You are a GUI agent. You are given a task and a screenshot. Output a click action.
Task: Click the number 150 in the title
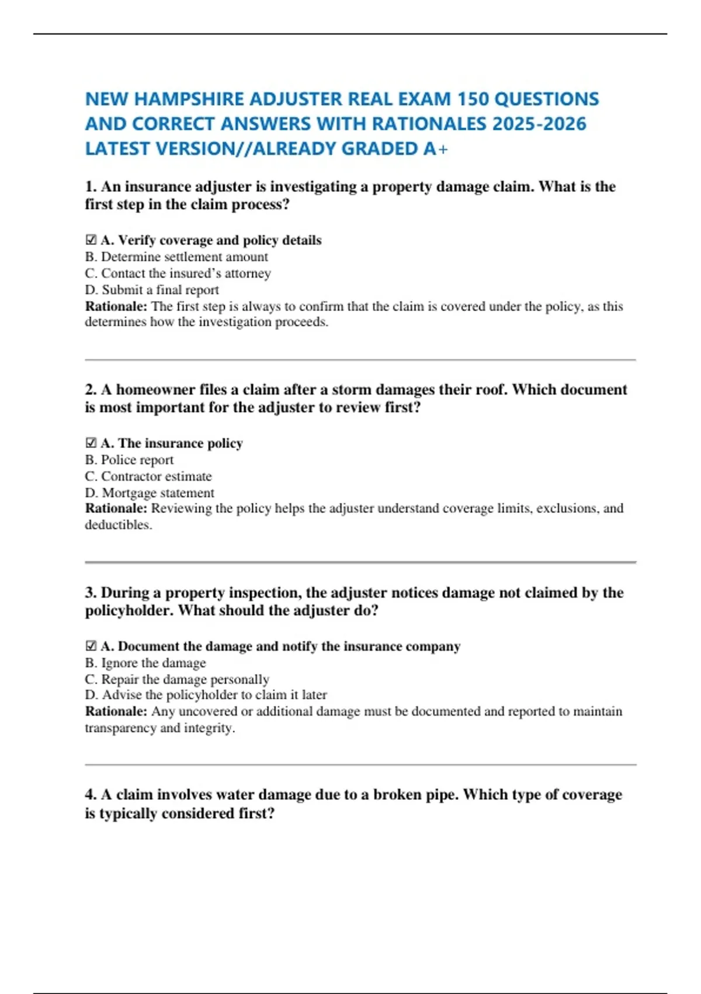[x=473, y=99]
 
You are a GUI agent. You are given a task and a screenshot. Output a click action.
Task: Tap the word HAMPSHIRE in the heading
[x=189, y=99]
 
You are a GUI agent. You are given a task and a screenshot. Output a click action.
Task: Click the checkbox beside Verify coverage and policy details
[x=91, y=240]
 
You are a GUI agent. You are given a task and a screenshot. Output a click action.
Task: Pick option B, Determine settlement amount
[x=176, y=257]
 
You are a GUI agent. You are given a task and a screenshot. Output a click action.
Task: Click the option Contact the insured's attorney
[x=178, y=273]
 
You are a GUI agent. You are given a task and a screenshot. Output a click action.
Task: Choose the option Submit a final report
[x=152, y=290]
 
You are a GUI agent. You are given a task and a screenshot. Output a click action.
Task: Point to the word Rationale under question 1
[x=116, y=306]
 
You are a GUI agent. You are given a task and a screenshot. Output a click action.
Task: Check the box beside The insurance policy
[x=91, y=443]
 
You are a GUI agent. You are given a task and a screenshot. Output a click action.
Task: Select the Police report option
[x=129, y=460]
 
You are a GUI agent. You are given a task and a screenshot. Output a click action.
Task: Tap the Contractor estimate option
[x=148, y=477]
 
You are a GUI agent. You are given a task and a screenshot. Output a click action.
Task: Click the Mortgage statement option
[x=150, y=493]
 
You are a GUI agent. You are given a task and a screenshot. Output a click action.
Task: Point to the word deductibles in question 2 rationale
[x=117, y=525]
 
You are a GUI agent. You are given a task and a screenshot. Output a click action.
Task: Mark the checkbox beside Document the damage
[x=91, y=646]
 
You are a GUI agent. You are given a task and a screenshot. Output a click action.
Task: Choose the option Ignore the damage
[x=145, y=663]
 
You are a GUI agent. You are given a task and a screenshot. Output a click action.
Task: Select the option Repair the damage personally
[x=177, y=679]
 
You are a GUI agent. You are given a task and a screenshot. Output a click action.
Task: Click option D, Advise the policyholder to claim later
[x=206, y=695]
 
